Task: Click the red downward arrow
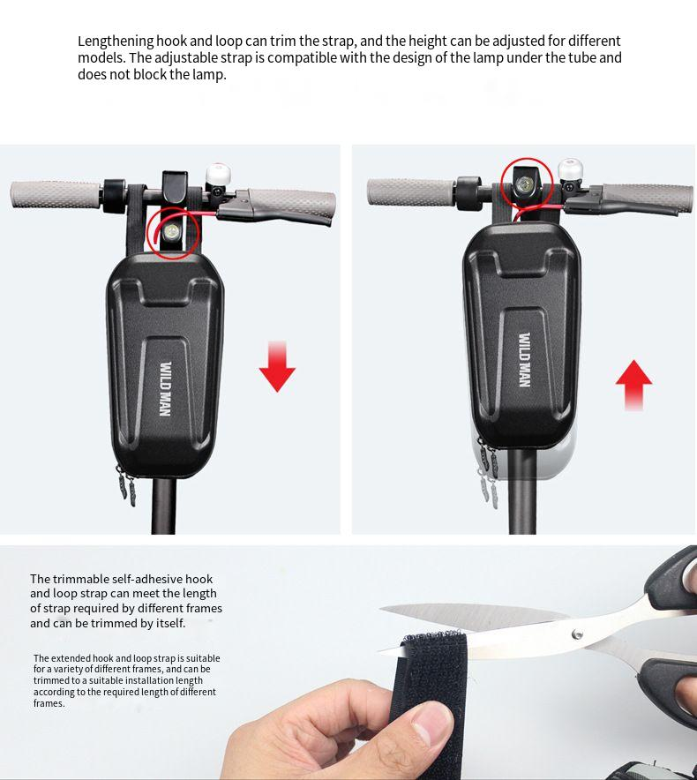(x=277, y=367)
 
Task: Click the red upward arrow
(x=633, y=385)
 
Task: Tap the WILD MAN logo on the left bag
(x=166, y=388)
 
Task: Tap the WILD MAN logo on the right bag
(x=524, y=360)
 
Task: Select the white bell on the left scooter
(x=216, y=174)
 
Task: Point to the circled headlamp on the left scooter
(x=172, y=231)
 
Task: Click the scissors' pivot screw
(x=577, y=634)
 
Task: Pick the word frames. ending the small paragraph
(x=49, y=703)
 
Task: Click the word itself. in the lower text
(x=169, y=623)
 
